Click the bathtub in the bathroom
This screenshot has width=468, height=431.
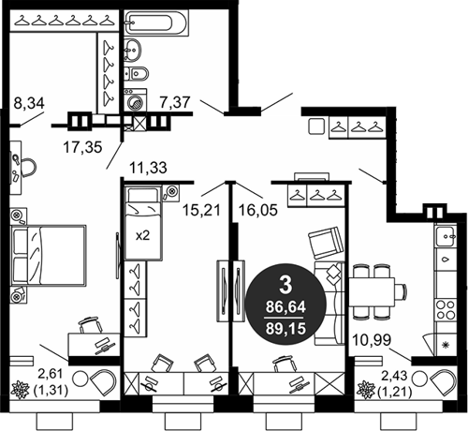[x=156, y=22]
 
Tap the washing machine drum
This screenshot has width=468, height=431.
[x=136, y=102]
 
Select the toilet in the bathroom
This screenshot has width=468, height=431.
[x=137, y=74]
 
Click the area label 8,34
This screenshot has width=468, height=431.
[x=29, y=103]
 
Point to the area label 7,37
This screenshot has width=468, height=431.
[x=175, y=102]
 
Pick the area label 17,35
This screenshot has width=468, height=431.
[x=82, y=147]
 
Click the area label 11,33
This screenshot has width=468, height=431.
[x=148, y=168]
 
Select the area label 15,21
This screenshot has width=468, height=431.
[x=201, y=210]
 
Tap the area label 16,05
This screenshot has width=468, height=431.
[x=258, y=210]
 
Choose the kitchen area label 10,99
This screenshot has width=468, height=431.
[x=372, y=340]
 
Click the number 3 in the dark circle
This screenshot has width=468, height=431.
[x=285, y=285]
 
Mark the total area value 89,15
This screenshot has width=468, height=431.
[x=285, y=329]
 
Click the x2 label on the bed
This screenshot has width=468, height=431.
[x=142, y=235]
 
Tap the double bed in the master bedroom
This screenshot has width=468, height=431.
[x=49, y=255]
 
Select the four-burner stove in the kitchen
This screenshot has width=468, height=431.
[x=446, y=309]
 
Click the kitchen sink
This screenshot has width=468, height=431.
[x=446, y=236]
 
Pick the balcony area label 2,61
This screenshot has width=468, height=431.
[x=51, y=374]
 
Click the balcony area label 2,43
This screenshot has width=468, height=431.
[x=394, y=376]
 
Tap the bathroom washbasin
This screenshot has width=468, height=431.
[x=133, y=50]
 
